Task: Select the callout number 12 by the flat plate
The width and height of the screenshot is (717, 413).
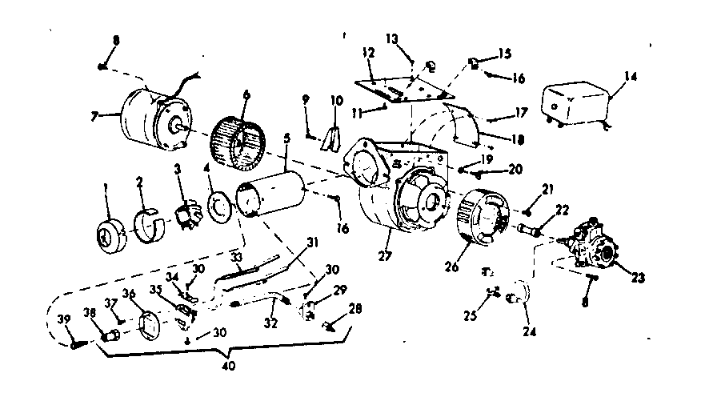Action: tap(367, 52)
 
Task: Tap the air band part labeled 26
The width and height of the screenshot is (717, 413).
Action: tap(483, 214)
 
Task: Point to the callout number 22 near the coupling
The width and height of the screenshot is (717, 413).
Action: tap(560, 211)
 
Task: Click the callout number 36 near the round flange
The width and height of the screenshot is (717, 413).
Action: tap(128, 294)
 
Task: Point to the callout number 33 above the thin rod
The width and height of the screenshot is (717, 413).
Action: tap(235, 257)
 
